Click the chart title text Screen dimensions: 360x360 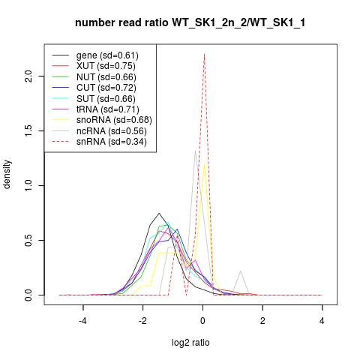(190, 22)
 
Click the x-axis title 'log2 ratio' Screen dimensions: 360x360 (190, 343)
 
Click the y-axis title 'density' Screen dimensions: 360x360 (7, 175)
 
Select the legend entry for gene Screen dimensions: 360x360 (95, 55)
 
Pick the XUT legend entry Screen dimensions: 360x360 (94, 66)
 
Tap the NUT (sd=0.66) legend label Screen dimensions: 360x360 (106, 77)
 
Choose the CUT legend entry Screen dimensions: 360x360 (94, 88)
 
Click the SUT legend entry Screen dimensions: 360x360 (94, 99)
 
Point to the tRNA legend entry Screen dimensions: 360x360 (95, 109)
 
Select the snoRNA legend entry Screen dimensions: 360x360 (102, 120)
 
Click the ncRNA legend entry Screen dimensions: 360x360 (99, 131)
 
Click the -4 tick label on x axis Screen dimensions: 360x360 (82, 321)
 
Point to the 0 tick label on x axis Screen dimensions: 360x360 (202, 321)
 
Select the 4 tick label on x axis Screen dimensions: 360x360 (322, 321)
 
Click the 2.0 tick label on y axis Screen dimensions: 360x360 (28, 76)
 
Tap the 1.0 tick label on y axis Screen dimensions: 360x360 (28, 185)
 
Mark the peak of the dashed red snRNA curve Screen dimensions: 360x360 (205, 54)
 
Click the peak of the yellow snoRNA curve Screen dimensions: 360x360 (205, 163)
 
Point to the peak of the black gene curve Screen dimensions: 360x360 (159, 213)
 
